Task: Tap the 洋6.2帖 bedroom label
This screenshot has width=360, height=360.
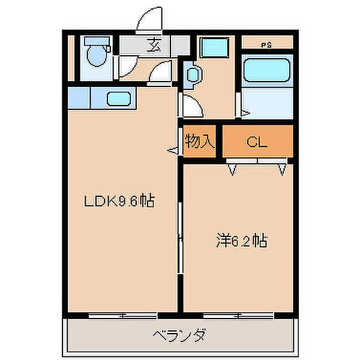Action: click(241, 241)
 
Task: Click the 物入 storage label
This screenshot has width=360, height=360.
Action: click(199, 142)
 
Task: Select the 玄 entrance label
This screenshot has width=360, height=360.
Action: click(154, 44)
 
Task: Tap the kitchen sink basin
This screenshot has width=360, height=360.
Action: click(120, 97)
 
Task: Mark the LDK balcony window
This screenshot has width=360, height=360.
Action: click(123, 314)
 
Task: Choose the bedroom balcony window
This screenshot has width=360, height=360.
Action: click(238, 314)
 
